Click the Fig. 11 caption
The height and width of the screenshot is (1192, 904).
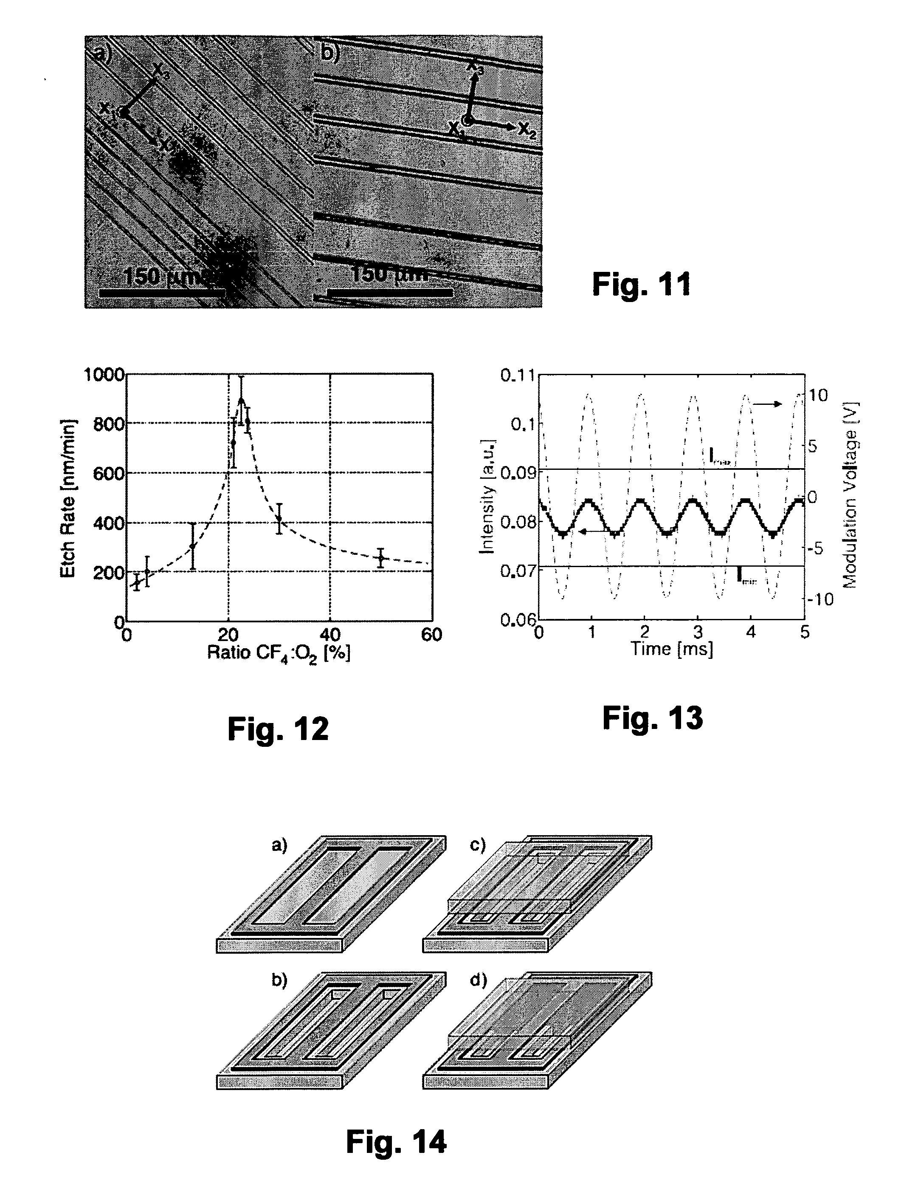click(641, 284)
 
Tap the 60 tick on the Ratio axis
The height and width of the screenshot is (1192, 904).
click(431, 635)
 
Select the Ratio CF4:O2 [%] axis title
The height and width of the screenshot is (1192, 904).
click(279, 654)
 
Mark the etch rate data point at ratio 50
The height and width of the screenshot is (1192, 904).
click(381, 558)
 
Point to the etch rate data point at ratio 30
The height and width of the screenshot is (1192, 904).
click(279, 519)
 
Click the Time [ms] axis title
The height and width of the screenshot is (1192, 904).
click(672, 649)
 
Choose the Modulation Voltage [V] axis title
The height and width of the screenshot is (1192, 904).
click(850, 495)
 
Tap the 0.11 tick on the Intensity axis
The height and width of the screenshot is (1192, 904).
click(518, 375)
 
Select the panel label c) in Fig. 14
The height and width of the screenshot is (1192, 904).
click(478, 845)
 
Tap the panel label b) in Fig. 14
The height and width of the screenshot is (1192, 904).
click(279, 980)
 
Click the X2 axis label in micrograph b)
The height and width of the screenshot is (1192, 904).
click(527, 130)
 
